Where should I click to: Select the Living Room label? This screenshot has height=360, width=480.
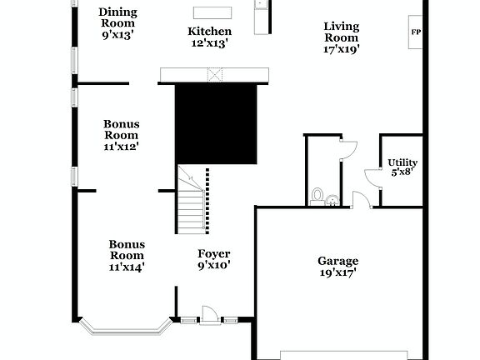(342, 31)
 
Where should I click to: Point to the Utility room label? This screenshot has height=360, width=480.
(402, 162)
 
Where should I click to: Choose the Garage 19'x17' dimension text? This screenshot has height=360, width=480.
(338, 272)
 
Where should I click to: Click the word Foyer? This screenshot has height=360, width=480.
(213, 253)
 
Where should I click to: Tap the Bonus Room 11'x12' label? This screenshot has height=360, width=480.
(121, 134)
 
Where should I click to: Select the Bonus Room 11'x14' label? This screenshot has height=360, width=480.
(127, 255)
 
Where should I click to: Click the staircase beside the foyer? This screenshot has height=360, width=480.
(191, 200)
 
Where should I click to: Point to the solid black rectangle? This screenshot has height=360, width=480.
(216, 123)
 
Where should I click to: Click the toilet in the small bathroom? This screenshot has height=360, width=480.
(317, 196)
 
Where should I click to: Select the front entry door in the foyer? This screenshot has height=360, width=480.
(209, 315)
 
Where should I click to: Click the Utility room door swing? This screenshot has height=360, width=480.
(372, 177)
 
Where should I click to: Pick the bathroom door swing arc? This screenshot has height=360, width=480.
(348, 147)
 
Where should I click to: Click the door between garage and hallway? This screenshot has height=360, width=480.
(361, 200)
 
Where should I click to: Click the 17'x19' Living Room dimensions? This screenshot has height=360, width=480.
(342, 49)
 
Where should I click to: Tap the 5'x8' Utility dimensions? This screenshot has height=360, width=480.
(402, 173)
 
